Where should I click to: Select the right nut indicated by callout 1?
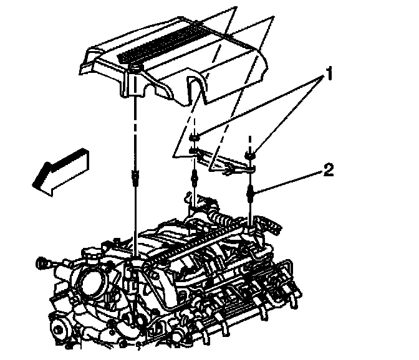tap(251, 153)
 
